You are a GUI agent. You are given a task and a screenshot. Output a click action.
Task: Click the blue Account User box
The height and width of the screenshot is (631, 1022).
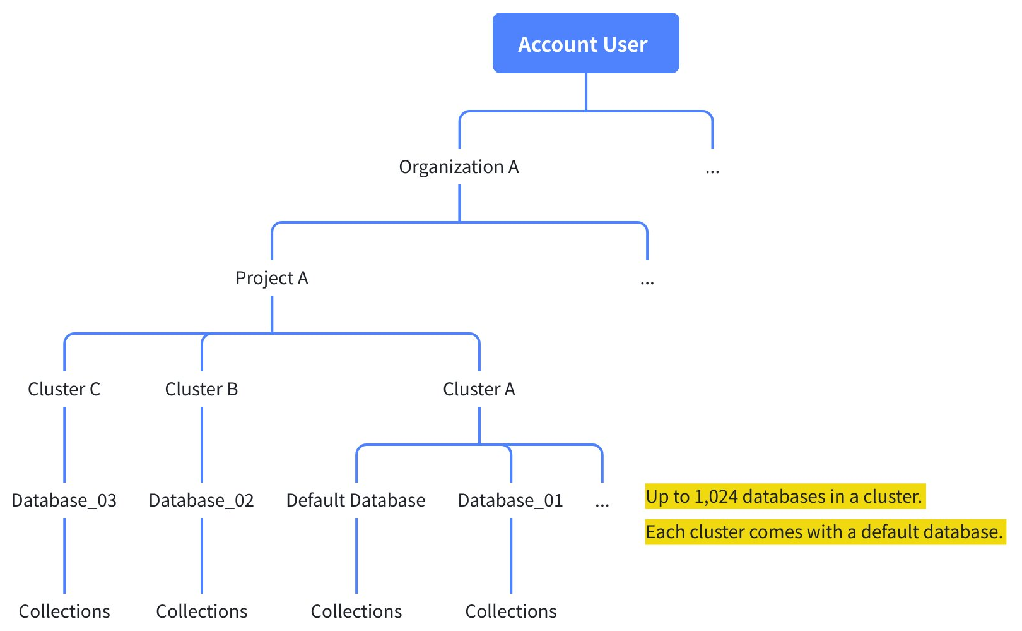(585, 44)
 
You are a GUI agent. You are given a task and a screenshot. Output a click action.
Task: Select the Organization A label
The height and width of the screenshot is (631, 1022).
(459, 167)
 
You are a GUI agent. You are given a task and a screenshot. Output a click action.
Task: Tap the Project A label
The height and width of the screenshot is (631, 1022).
(271, 279)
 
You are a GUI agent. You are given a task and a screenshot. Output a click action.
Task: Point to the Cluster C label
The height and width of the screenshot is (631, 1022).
(64, 389)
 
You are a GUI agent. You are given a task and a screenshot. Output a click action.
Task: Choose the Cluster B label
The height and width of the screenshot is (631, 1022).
(201, 389)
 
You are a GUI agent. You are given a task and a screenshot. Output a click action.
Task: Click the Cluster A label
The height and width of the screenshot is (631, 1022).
(479, 389)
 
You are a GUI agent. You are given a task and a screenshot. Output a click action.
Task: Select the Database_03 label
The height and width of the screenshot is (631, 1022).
(64, 501)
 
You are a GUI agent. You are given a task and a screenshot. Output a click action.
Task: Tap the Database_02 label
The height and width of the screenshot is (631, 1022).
(201, 501)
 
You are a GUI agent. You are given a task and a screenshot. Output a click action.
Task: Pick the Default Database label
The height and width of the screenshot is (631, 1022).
(356, 501)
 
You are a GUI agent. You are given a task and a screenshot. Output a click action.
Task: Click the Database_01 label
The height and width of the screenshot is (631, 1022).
(510, 501)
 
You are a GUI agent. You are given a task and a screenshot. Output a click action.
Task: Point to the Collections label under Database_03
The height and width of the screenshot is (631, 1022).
(64, 611)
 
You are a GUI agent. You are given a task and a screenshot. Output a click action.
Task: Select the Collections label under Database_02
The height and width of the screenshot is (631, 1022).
(201, 611)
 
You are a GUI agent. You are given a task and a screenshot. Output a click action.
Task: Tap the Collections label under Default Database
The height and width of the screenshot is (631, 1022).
(356, 611)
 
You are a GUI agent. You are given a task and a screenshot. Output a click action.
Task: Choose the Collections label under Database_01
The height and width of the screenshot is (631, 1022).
(511, 611)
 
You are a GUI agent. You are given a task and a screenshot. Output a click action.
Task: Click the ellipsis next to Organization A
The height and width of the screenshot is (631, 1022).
(712, 171)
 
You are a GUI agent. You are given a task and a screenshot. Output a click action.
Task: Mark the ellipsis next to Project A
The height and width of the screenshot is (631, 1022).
(647, 282)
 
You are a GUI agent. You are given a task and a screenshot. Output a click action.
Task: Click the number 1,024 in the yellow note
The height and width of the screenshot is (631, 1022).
(715, 497)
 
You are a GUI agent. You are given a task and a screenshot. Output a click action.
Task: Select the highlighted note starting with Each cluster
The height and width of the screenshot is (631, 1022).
(824, 532)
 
